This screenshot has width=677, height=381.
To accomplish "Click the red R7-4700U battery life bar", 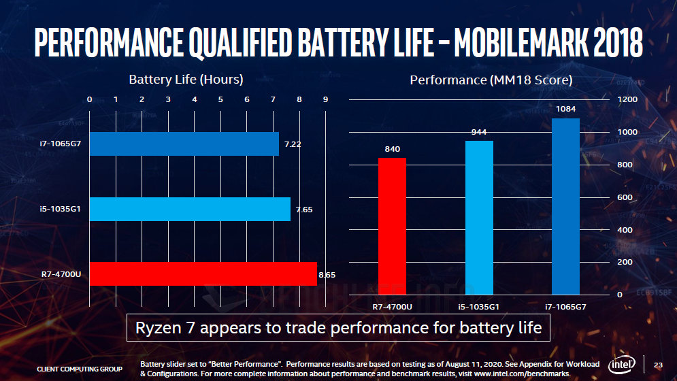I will point(203,274).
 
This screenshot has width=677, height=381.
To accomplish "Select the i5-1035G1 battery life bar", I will point(190,209).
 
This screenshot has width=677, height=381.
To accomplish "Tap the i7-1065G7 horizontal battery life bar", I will point(184,144).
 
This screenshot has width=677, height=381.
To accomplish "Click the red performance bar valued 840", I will point(392,226).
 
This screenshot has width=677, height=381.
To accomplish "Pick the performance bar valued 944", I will point(479,218).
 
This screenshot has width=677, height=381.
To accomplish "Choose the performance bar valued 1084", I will point(565,206).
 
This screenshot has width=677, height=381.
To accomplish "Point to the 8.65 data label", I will point(327,274).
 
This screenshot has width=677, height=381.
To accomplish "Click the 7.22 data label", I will point(292,144).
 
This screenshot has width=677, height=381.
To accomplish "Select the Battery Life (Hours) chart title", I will point(186,80).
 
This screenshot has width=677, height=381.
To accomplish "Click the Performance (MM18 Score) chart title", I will point(491,80).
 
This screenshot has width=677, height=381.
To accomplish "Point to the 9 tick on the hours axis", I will point(325,99).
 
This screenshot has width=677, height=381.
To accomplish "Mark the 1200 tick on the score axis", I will point(627,99).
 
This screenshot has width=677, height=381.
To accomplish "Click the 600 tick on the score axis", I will point(624,197).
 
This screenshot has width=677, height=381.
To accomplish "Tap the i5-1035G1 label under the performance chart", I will point(479,307).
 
